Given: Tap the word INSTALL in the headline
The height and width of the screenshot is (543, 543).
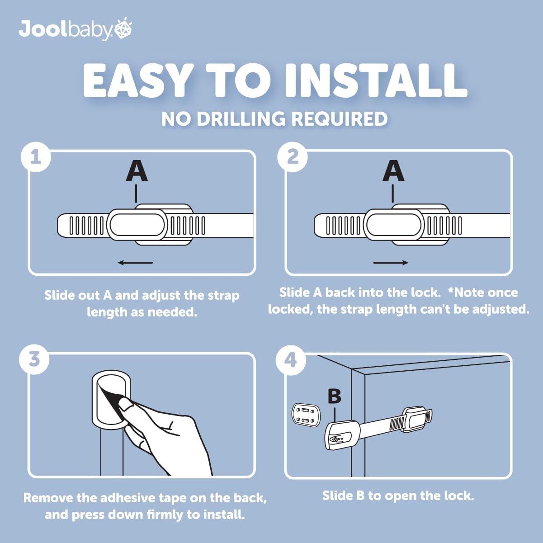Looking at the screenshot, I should (375, 80).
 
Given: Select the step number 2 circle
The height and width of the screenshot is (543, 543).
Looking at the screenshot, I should (293, 157).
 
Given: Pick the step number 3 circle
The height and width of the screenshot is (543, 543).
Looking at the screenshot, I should (34, 360).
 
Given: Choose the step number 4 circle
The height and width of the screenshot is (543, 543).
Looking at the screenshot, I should (291, 360).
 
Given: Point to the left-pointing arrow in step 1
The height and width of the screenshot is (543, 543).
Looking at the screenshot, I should (135, 263).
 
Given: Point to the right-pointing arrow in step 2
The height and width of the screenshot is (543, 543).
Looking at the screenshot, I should (391, 263).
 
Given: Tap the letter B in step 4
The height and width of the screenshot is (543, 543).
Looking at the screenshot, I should (334, 396).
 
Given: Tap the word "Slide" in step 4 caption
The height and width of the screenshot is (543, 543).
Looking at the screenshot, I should (337, 496).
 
